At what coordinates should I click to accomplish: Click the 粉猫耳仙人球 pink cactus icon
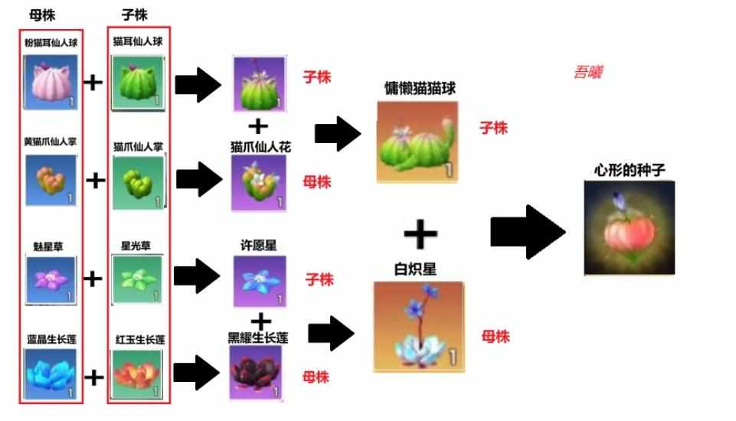[x=51, y=82]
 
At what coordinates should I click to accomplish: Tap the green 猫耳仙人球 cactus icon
[x=138, y=83]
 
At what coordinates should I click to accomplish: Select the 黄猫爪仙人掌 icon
[x=51, y=180]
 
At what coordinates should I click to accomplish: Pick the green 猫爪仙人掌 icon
[x=139, y=183]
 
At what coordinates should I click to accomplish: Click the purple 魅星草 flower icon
[x=51, y=280]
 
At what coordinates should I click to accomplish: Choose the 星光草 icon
[x=137, y=279]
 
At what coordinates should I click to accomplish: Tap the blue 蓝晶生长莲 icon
[x=51, y=374]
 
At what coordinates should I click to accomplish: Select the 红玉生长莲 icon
[x=137, y=374]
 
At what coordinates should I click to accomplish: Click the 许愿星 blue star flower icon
[x=260, y=281]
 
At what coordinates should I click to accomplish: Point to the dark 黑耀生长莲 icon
[x=256, y=372]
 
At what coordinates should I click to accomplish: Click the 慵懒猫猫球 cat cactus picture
[x=417, y=142]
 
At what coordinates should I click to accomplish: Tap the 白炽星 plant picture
[x=419, y=327]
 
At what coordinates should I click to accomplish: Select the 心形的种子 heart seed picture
[x=630, y=227]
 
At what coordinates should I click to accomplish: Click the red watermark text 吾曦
[x=589, y=72]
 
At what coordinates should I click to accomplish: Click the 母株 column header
[x=42, y=15]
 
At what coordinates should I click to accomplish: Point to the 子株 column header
[x=135, y=15]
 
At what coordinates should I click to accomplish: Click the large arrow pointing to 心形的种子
[x=528, y=232]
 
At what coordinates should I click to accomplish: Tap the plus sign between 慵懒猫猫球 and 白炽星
[x=420, y=233]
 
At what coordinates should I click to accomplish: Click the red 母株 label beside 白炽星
[x=496, y=336]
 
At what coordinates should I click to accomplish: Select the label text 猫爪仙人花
[x=260, y=147]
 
